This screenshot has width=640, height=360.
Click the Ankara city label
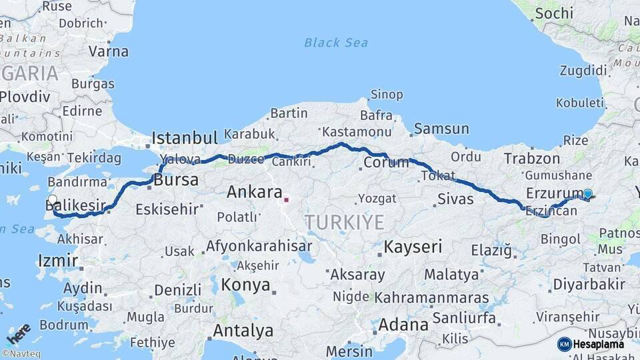[x=254, y=193]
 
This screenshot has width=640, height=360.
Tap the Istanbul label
[x=185, y=138]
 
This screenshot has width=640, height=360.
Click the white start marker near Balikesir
[x=53, y=199]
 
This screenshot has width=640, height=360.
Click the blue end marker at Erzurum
[x=587, y=194]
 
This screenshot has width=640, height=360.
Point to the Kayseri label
[x=413, y=247]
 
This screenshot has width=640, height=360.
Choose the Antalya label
[x=243, y=330]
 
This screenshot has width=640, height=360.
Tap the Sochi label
[x=553, y=13]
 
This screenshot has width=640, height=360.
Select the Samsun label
[x=441, y=129]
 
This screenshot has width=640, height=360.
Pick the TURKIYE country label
[x=345, y=222]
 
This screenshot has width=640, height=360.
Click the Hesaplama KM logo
[x=591, y=344]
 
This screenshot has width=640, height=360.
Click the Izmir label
[x=58, y=260]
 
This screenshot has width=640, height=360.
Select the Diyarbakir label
[x=589, y=285]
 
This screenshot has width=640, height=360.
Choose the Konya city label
[x=245, y=285]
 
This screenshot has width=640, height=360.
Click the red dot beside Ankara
[x=286, y=199]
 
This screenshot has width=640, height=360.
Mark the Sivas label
[x=455, y=199]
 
